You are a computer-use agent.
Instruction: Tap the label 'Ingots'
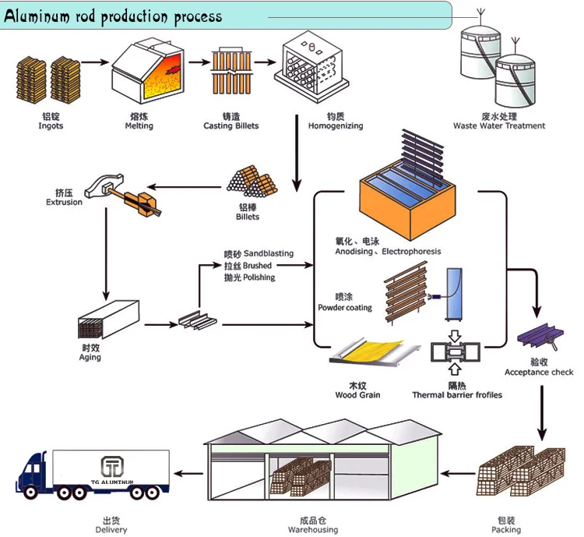pyautogui.click(x=51, y=126)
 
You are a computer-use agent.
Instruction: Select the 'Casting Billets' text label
pyautogui.click(x=230, y=126)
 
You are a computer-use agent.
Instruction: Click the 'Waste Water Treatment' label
pyautogui.click(x=499, y=125)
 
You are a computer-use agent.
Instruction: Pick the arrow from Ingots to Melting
pyautogui.click(x=94, y=62)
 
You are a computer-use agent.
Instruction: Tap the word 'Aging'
pyautogui.click(x=90, y=358)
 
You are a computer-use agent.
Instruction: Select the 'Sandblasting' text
pyautogui.click(x=269, y=254)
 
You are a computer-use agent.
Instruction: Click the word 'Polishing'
pyautogui.click(x=259, y=277)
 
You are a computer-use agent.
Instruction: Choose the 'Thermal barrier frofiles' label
pyautogui.click(x=457, y=395)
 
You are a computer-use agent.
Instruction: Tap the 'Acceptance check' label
pyautogui.click(x=539, y=373)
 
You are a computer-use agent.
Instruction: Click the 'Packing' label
pyautogui.click(x=507, y=530)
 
